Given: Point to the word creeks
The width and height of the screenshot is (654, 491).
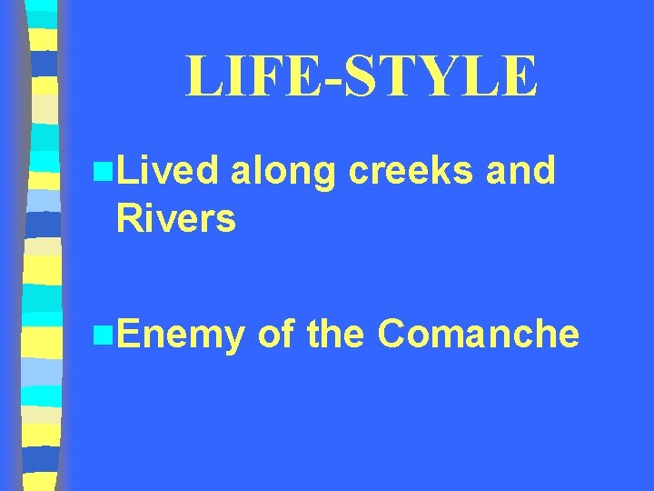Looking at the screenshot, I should coord(404,170).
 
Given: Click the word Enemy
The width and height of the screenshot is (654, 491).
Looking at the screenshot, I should coord(180,336).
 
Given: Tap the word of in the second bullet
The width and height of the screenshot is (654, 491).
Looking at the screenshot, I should coord(274,334).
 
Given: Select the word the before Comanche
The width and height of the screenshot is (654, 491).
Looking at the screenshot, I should coord(336,334).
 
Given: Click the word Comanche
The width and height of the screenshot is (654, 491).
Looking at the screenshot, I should coord(478,334).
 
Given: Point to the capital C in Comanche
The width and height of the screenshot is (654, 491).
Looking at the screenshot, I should coord(392,334).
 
